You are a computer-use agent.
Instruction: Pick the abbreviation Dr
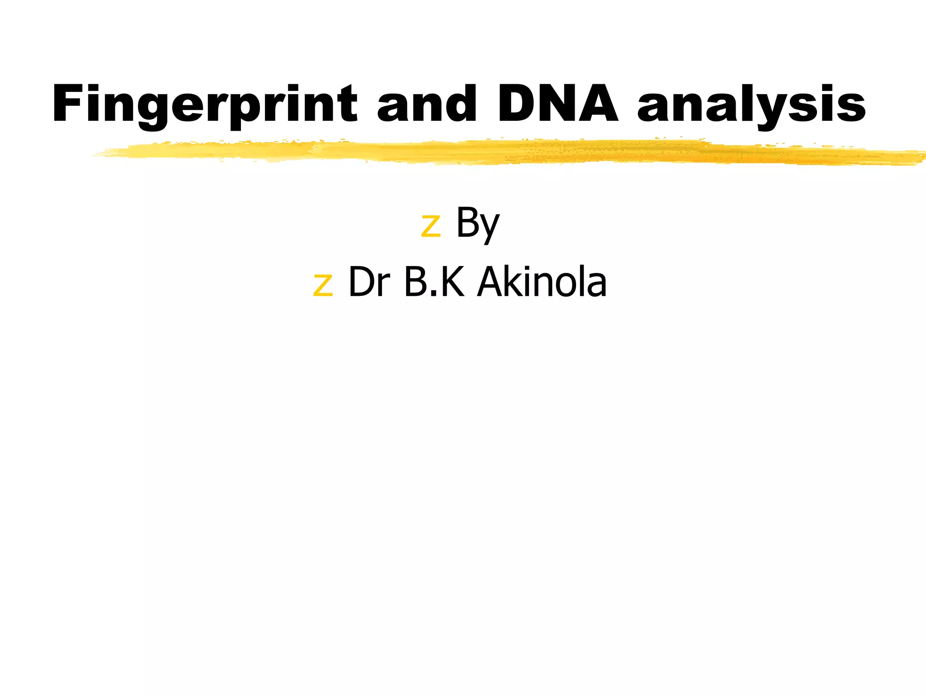369,282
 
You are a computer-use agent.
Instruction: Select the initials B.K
434,282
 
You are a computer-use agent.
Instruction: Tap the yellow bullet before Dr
322,285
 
